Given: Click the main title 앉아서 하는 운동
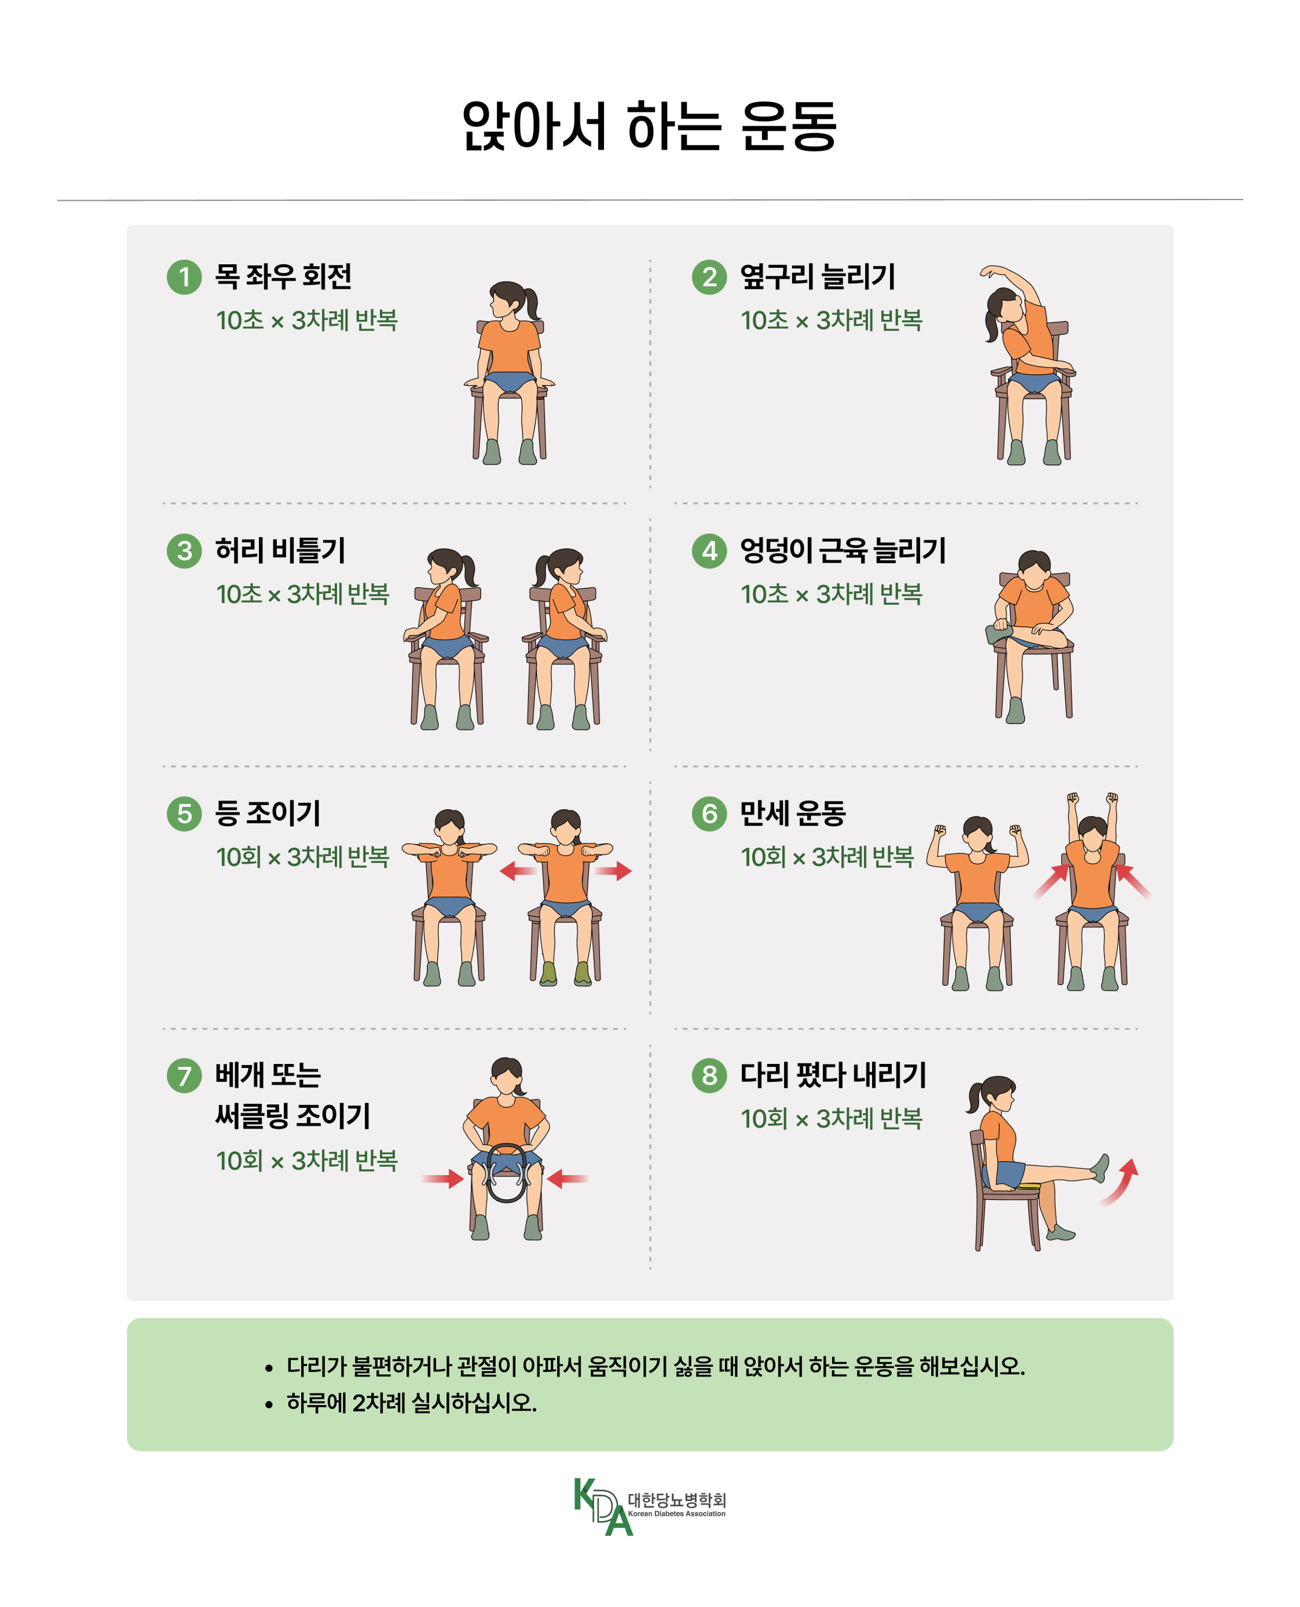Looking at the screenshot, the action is [x=649, y=126].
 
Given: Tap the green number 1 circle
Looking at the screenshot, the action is [x=184, y=277].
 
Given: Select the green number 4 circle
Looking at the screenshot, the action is [x=709, y=550].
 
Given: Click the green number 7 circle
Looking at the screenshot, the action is [x=184, y=1076].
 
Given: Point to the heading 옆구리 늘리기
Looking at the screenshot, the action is [x=817, y=276].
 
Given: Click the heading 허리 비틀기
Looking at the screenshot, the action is [x=280, y=550].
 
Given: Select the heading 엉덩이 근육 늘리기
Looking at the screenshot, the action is [x=842, y=550].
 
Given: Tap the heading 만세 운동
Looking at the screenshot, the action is [x=792, y=813].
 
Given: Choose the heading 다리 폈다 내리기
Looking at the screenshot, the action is [x=833, y=1075].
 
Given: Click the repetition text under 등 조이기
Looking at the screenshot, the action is [x=302, y=856].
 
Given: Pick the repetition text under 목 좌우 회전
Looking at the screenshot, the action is [x=307, y=320].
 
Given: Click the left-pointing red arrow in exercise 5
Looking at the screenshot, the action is [x=518, y=870].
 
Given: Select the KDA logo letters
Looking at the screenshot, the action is [x=603, y=1505].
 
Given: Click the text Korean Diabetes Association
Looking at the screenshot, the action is [x=676, y=1513].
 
